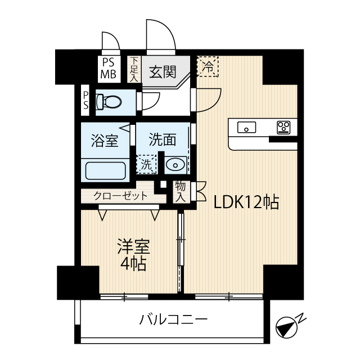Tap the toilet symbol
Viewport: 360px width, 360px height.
point(110,102)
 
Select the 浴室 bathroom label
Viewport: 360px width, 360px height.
point(105,141)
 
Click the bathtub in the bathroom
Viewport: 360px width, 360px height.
point(105,169)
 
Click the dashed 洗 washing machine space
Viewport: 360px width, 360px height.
point(146,165)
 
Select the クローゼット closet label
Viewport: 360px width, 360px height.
point(120,196)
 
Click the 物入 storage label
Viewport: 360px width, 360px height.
point(181,191)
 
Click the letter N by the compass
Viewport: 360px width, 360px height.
point(301,318)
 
